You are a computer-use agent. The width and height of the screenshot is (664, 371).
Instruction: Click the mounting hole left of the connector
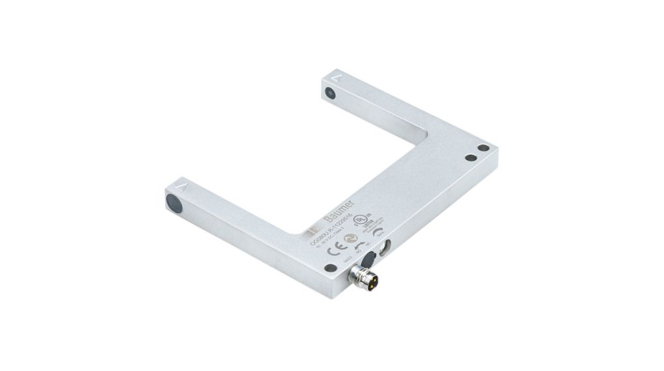[x=331, y=268]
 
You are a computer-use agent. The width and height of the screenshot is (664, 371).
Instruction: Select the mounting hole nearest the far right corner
[x=483, y=148]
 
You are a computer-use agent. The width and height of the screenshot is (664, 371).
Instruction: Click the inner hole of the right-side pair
[x=470, y=158]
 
